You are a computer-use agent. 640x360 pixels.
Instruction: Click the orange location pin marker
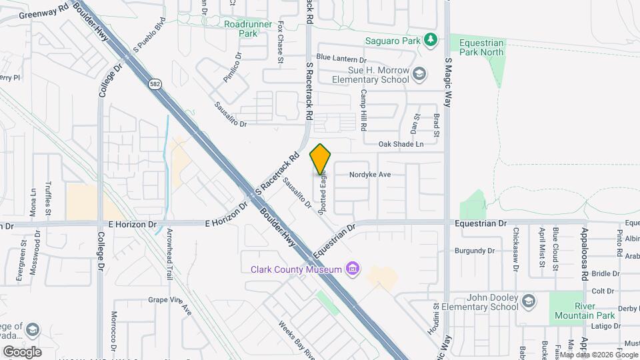321,159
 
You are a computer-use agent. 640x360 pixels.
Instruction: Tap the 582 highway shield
155,84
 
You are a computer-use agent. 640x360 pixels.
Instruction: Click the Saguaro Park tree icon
431,40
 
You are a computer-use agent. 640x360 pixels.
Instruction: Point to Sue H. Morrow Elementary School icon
419,73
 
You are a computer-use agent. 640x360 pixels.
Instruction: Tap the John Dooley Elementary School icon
529,300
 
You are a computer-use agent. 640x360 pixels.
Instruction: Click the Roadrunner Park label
240,29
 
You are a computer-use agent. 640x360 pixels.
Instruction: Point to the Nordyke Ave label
371,175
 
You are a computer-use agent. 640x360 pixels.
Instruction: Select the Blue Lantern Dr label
341,58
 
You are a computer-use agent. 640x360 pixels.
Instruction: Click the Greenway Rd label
44,13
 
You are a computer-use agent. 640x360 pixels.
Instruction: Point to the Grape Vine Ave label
170,305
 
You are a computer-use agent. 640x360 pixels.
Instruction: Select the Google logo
22,351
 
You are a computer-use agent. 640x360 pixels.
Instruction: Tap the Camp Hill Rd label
364,110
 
